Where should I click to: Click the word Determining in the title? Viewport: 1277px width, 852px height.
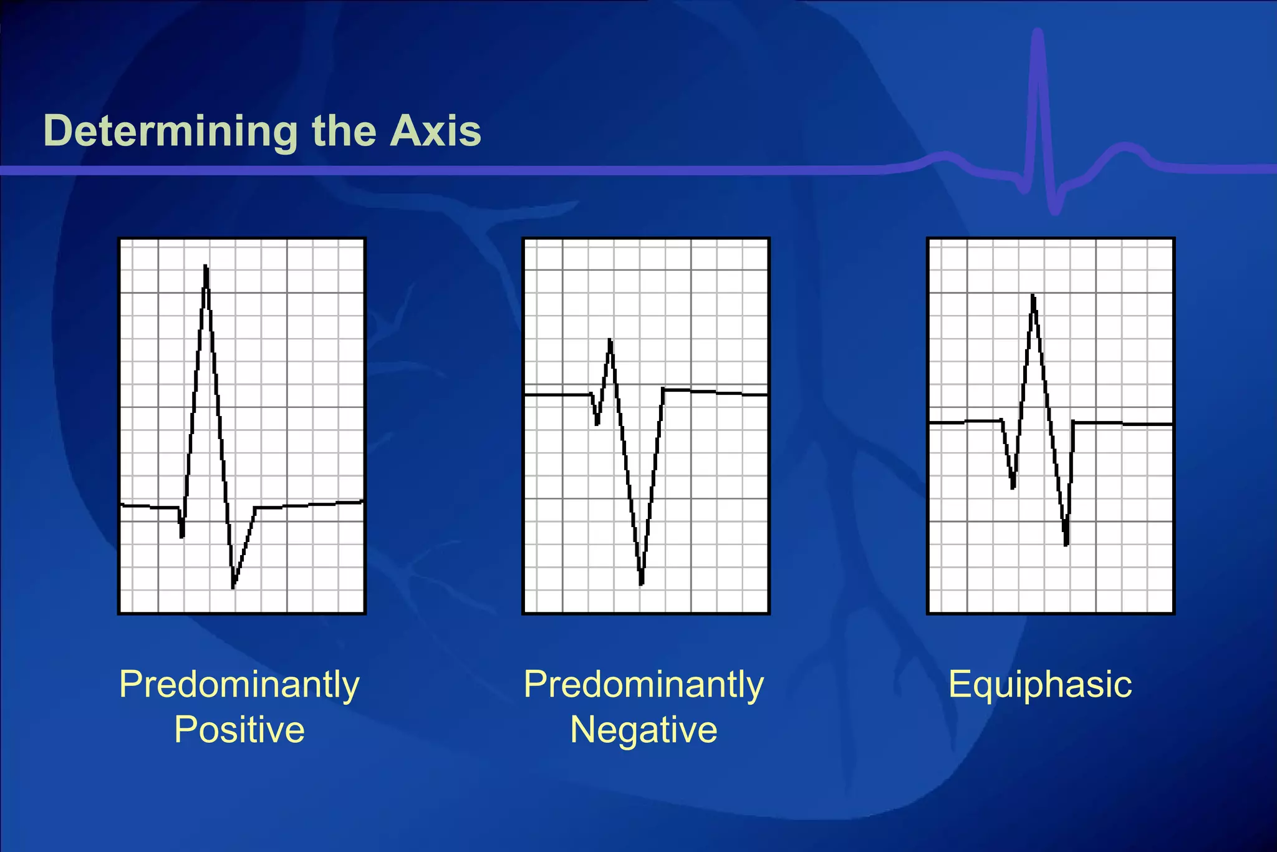(170, 132)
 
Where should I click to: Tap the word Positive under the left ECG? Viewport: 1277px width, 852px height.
(239, 729)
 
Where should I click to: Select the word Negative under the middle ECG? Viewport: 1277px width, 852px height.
(643, 729)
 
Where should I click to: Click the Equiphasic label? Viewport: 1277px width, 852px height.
(1039, 684)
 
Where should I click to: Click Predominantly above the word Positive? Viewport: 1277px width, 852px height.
(239, 684)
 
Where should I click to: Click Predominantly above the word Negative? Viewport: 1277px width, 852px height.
(643, 684)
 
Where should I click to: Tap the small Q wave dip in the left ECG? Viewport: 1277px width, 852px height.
(181, 535)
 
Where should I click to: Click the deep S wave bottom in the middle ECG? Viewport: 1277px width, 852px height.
(641, 583)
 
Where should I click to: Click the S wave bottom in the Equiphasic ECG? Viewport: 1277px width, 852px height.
(1066, 543)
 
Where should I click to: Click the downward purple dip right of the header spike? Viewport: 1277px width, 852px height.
(1055, 209)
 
